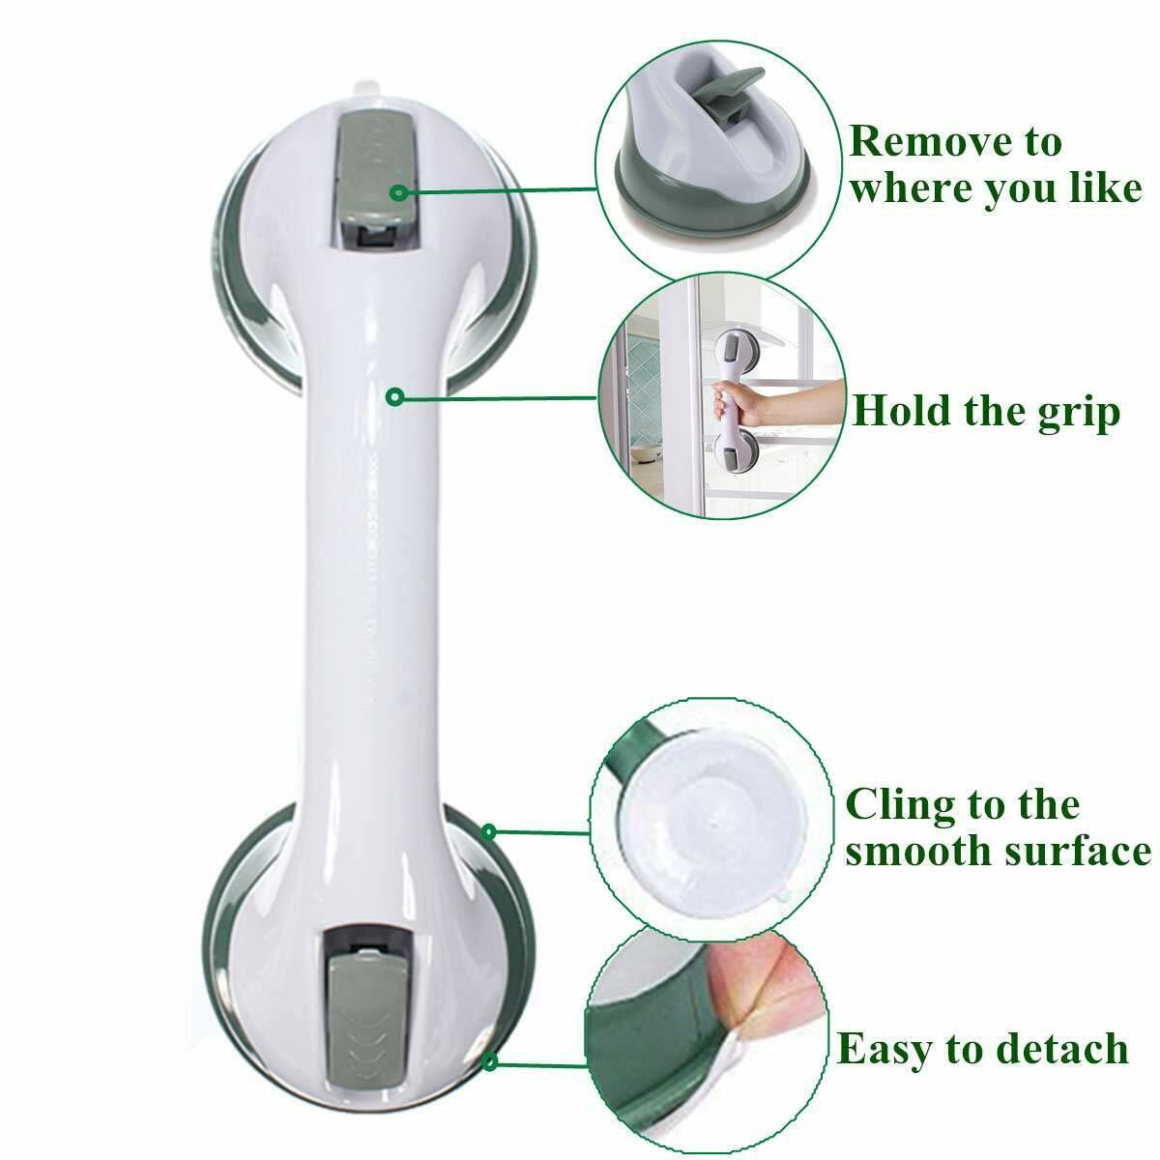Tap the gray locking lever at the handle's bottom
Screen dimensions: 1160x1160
pyautogui.click(x=363, y=1015)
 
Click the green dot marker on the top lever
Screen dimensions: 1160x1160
pyautogui.click(x=396, y=193)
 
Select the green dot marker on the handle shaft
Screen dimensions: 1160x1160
pyautogui.click(x=393, y=396)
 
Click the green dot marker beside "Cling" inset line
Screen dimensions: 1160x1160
pyautogui.click(x=489, y=831)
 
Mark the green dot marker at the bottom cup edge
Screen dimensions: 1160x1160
pyautogui.click(x=491, y=1062)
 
